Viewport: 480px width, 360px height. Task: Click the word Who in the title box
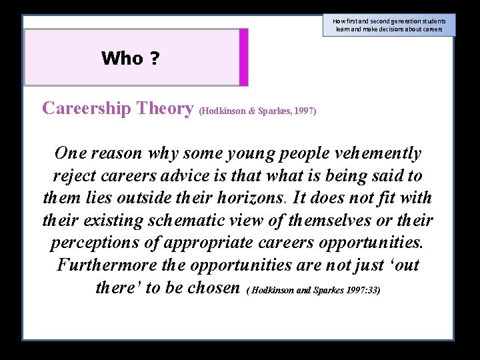122,59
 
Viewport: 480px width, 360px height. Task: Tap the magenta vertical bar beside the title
243,57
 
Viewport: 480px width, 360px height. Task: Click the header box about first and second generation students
389,25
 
